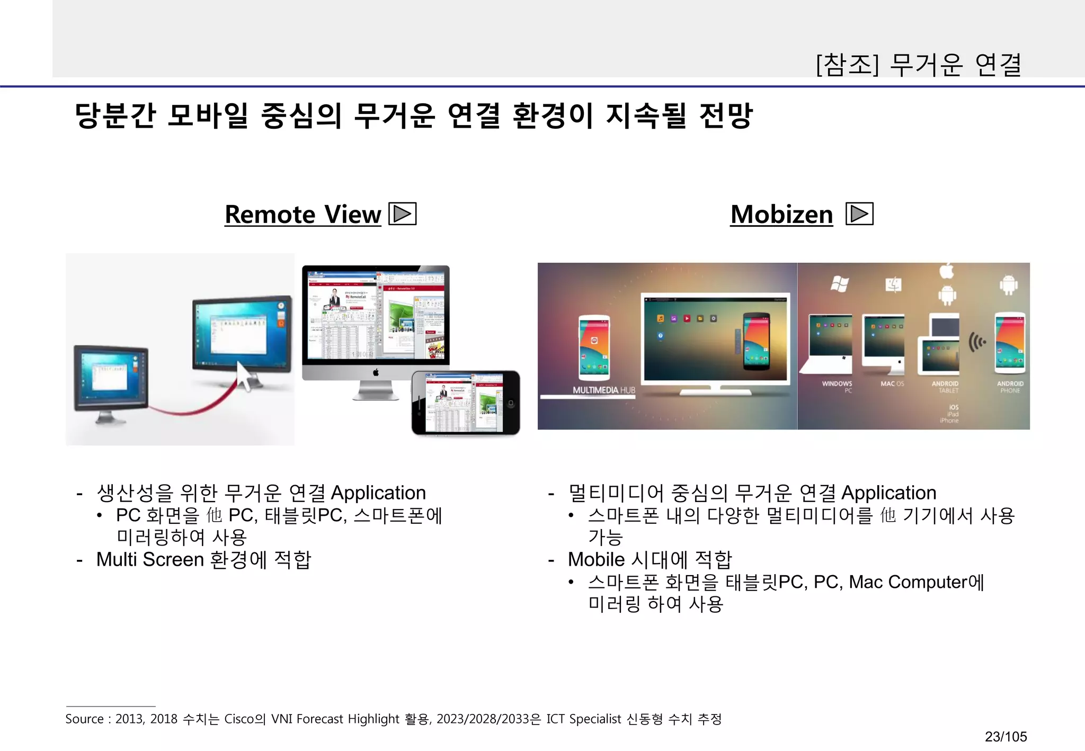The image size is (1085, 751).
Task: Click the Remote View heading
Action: tap(303, 214)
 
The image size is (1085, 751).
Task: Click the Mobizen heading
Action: tap(781, 214)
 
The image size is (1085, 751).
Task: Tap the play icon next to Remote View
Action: tap(403, 214)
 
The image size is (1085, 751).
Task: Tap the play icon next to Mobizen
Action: tap(859, 214)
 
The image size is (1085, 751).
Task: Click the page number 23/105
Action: tap(1006, 736)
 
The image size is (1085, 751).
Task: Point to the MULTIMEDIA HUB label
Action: tap(603, 390)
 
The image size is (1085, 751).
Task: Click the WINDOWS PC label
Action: tap(837, 387)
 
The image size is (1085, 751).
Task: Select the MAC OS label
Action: tap(892, 383)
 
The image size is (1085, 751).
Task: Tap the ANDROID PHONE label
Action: tap(1010, 387)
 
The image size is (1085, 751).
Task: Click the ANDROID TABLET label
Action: tap(945, 387)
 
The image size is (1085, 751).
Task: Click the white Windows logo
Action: tap(839, 284)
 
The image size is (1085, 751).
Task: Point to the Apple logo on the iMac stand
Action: tap(376, 372)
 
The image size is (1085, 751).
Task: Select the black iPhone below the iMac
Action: tap(466, 403)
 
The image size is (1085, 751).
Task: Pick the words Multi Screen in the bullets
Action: tap(150, 559)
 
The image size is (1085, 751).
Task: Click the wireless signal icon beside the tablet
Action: tap(976, 342)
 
